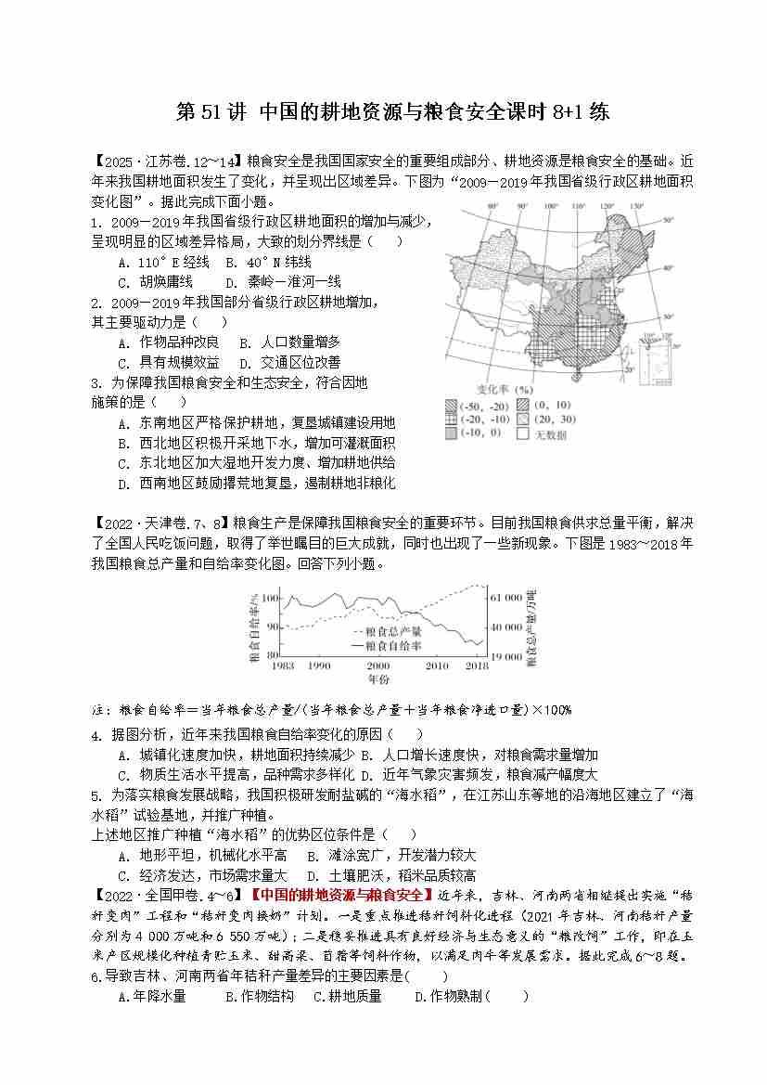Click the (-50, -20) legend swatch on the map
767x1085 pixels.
point(452,406)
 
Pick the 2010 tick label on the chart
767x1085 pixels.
point(436,665)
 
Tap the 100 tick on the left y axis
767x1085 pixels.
point(269,599)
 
